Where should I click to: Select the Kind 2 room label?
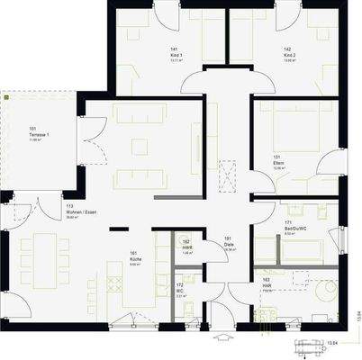click(x=287, y=57)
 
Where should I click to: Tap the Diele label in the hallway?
click(x=229, y=243)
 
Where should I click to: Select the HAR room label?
click(x=267, y=285)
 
